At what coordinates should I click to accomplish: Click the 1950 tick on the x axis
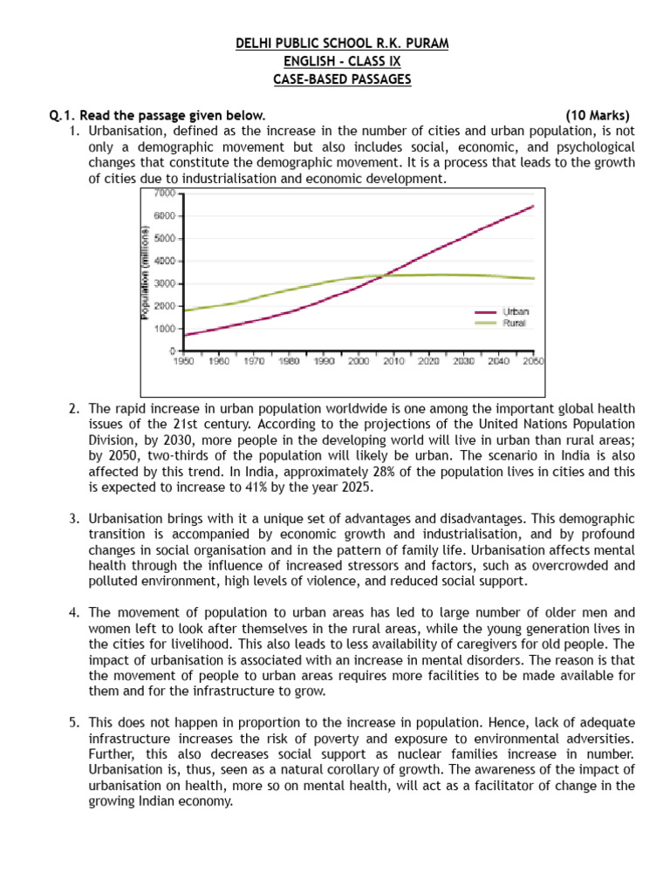[184, 360]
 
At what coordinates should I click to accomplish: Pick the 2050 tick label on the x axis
[533, 360]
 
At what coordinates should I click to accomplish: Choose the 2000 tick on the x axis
[359, 360]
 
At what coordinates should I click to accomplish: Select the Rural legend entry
[514, 323]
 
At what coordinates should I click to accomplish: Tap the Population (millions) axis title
[146, 272]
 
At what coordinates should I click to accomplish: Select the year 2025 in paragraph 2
[356, 487]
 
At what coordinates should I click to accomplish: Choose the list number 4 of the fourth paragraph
[73, 612]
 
